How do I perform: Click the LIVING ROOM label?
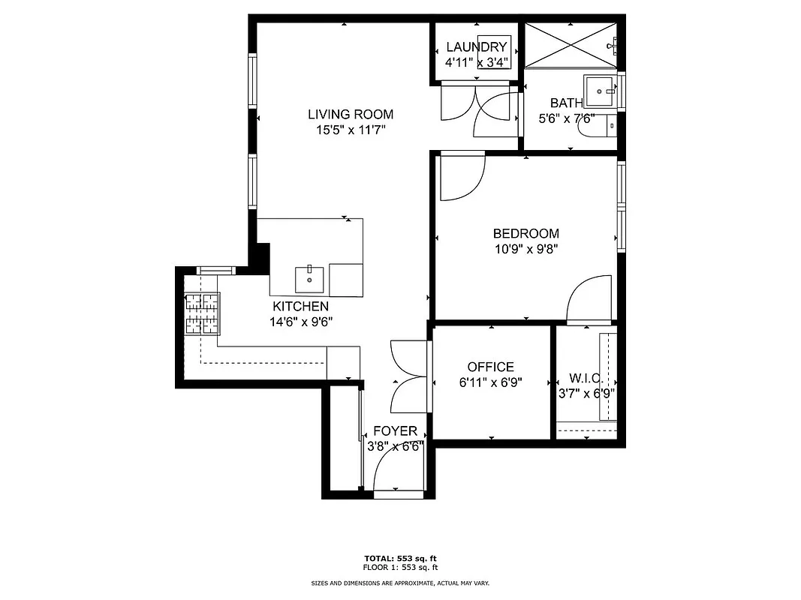click(x=351, y=115)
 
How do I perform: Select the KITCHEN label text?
click(x=300, y=306)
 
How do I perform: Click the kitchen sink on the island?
click(x=309, y=279)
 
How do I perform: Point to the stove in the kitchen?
click(x=203, y=313)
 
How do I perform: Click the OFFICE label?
click(x=490, y=367)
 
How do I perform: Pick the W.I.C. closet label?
click(x=586, y=377)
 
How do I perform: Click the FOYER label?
click(x=395, y=431)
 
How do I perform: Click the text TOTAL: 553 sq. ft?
click(x=400, y=558)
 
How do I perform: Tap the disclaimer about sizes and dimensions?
click(x=400, y=583)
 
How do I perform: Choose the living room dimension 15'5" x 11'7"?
click(x=351, y=130)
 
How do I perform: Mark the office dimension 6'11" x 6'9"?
click(x=490, y=382)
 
